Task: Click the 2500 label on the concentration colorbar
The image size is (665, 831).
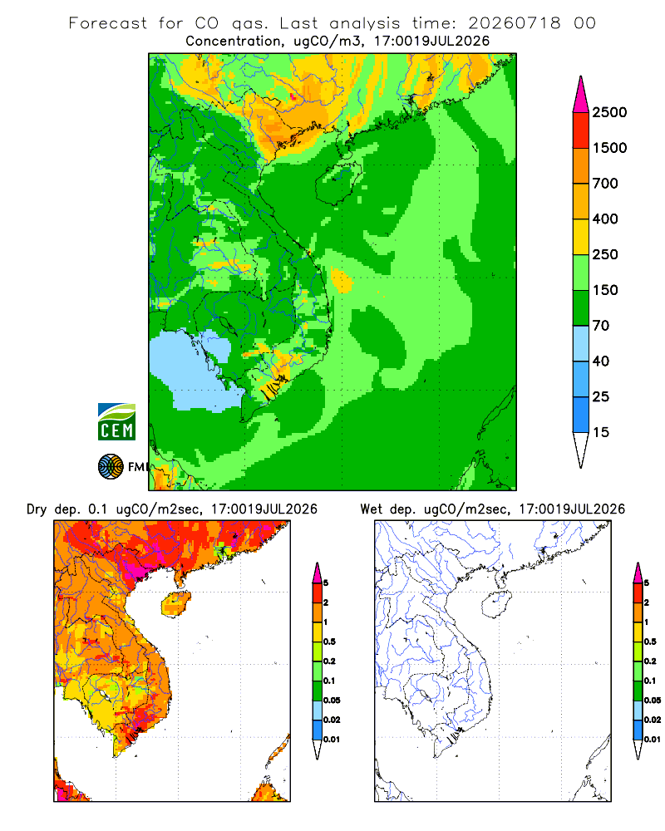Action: [609, 112]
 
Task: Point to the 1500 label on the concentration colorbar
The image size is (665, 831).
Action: [609, 148]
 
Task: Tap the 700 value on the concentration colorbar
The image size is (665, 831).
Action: [605, 184]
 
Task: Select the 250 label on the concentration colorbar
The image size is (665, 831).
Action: [605, 254]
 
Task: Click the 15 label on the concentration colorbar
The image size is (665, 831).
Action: [601, 432]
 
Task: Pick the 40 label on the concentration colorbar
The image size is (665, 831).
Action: [601, 361]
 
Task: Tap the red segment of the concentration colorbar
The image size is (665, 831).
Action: [581, 130]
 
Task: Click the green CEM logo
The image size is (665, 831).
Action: [116, 422]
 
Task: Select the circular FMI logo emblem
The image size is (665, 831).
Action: [111, 467]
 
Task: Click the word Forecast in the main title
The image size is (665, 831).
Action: [108, 23]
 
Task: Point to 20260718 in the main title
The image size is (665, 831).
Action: [515, 23]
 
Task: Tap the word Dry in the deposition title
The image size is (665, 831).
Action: [37, 509]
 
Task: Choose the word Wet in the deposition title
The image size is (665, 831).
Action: [372, 509]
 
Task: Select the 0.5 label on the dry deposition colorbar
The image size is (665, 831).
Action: [329, 642]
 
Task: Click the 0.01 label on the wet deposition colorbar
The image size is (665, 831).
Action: [653, 740]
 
